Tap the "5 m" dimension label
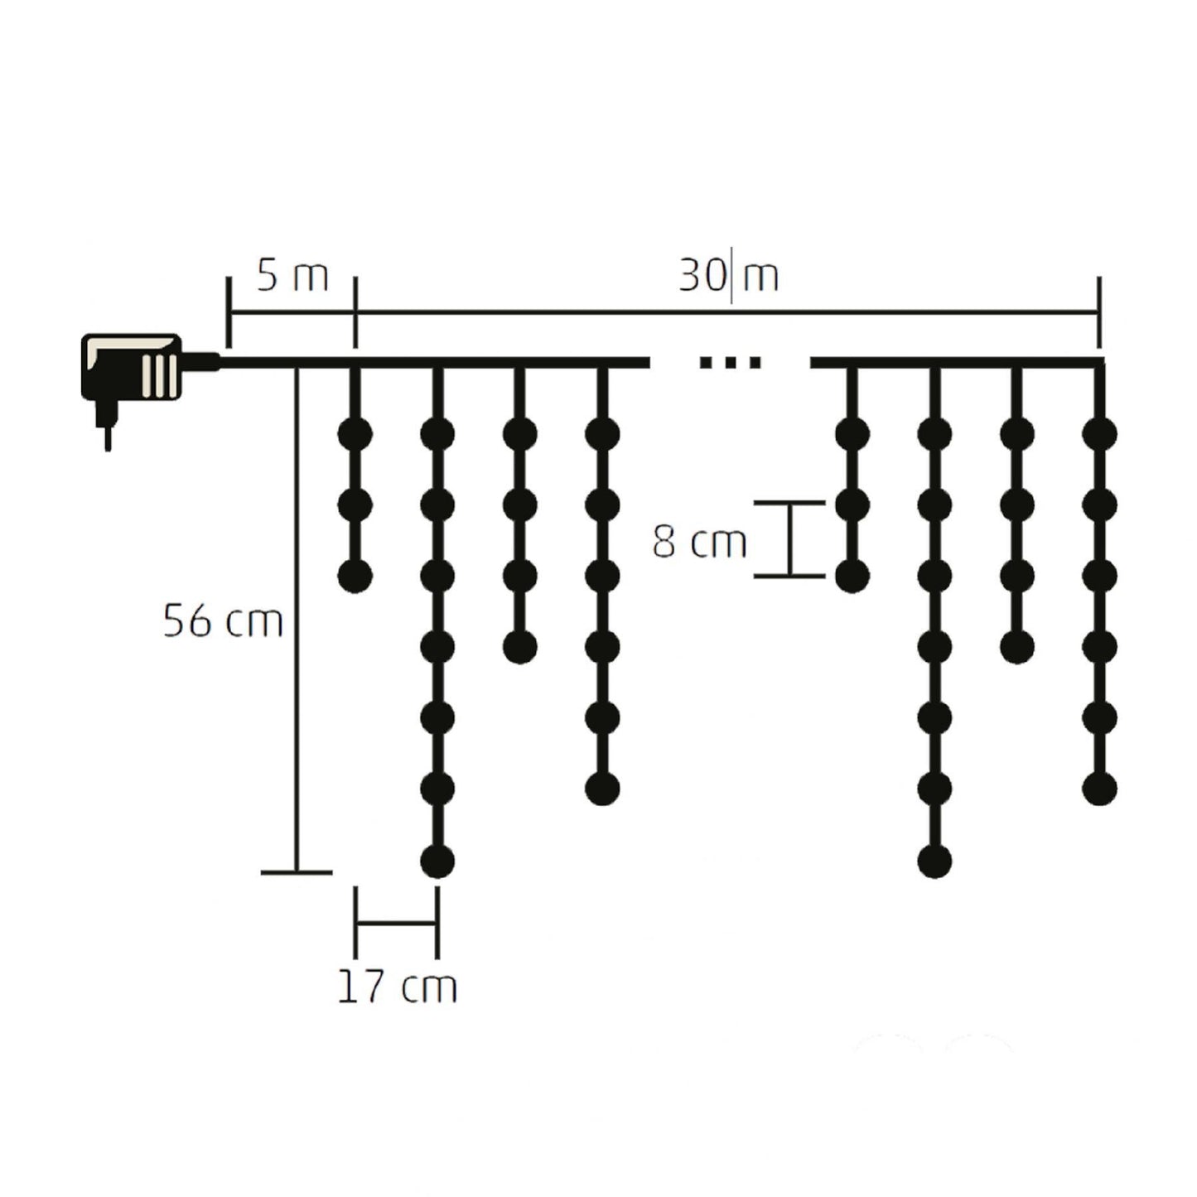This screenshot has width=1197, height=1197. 292,277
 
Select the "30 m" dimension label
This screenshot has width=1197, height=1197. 728,277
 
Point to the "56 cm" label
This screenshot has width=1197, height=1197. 223,621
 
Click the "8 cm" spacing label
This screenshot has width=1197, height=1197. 699,543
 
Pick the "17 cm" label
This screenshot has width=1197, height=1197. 397,987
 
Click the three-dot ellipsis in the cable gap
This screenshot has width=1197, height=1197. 730,362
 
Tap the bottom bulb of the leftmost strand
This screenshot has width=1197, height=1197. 355,576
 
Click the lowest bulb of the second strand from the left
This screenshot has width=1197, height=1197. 437,862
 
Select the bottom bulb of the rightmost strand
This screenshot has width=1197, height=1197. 1099,789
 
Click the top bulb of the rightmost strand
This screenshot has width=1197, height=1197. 1099,433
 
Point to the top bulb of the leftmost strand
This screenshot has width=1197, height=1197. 355,433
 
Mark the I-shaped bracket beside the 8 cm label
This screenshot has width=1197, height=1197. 789,538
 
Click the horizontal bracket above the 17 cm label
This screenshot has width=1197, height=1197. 396,921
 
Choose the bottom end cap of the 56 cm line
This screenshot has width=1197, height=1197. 297,872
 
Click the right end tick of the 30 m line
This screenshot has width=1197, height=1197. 1098,312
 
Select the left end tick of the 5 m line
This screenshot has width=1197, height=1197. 228,312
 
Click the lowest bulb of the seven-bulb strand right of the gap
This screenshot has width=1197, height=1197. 934,862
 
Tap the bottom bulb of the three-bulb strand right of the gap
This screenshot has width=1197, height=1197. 852,576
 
